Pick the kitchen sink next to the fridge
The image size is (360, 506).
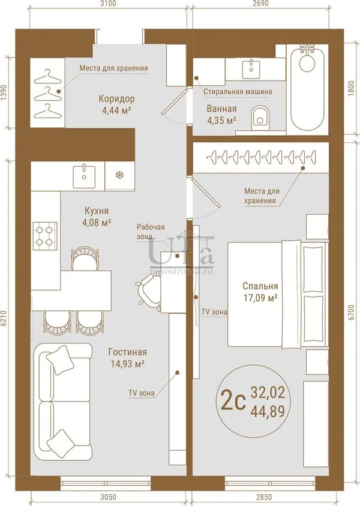pyautogui.click(x=84, y=175)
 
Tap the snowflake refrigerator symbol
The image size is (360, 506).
pyautogui.click(x=119, y=175)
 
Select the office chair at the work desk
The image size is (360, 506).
pyautogui.click(x=148, y=293)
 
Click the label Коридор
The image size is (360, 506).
pyautogui.click(x=116, y=98)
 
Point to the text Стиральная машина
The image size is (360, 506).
pyautogui.click(x=238, y=92)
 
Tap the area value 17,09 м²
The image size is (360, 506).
pyautogui.click(x=260, y=298)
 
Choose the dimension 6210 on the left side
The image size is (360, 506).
pyautogui.click(x=5, y=319)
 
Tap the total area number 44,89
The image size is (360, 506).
pyautogui.click(x=268, y=411)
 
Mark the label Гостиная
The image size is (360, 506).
pyautogui.click(x=127, y=352)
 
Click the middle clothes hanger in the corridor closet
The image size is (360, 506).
pyautogui.click(x=48, y=94)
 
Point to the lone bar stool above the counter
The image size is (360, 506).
pyautogui.click(x=84, y=258)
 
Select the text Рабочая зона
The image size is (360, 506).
pyautogui.click(x=151, y=232)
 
